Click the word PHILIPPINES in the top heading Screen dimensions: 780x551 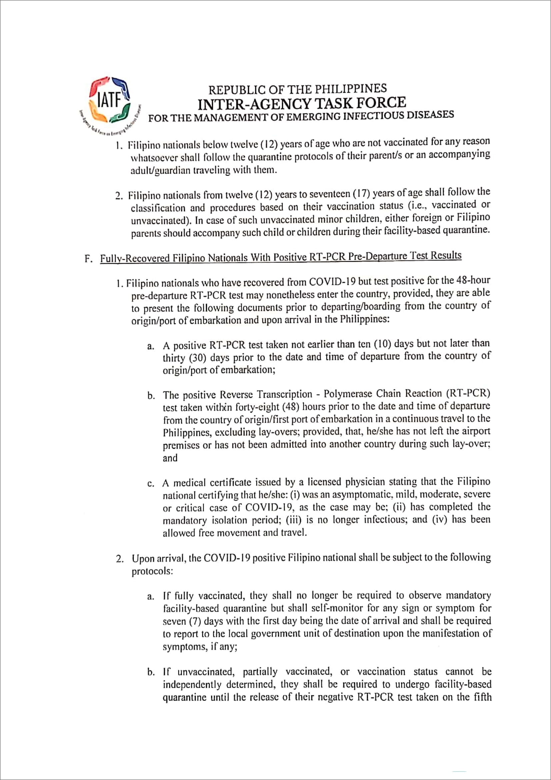(350, 89)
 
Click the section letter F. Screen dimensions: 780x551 (88, 258)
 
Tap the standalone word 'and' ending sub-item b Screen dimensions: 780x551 (170, 458)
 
